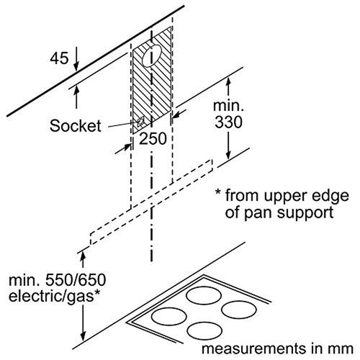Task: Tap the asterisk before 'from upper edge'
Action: pyautogui.click(x=218, y=196)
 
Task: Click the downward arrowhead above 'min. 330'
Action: pyautogui.click(x=228, y=80)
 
